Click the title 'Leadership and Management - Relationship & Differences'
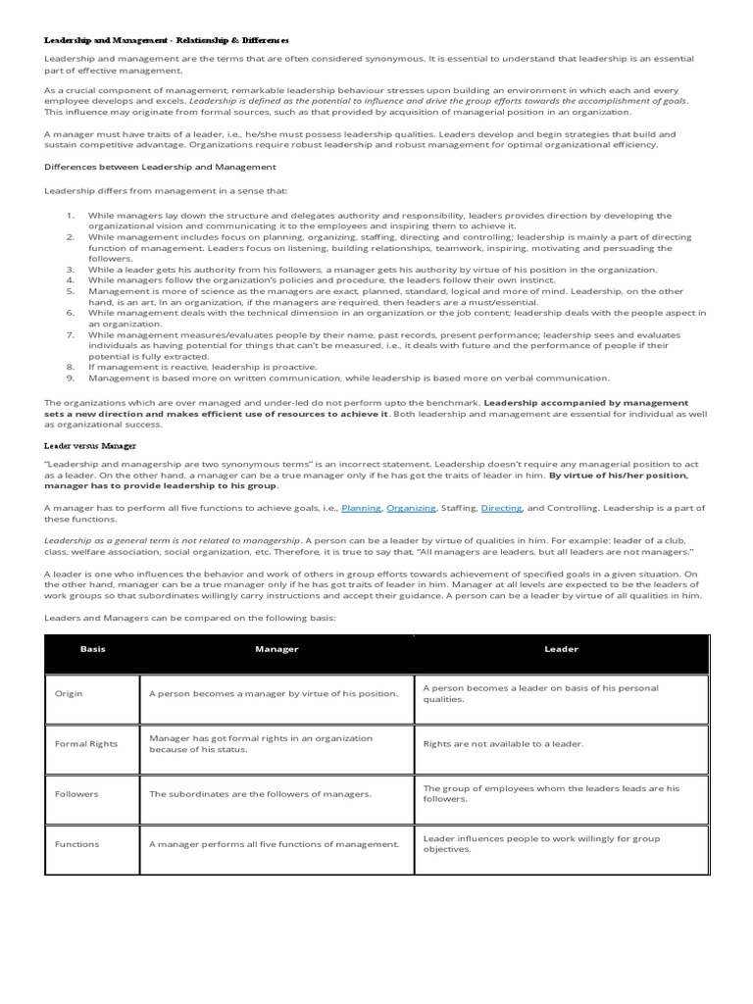[x=167, y=40]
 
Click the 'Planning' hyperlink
[x=361, y=508]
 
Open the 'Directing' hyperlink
[x=502, y=508]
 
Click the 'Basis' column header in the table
[x=92, y=649]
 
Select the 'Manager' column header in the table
[x=276, y=649]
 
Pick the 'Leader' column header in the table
[x=561, y=649]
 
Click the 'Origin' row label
[x=69, y=693]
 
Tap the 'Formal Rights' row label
[x=85, y=743]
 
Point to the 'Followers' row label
[x=75, y=793]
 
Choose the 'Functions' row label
[x=76, y=843]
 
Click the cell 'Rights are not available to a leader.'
[x=503, y=743]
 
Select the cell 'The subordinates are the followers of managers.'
[x=260, y=793]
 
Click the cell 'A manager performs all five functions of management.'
[x=275, y=843]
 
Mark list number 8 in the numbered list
[x=71, y=367]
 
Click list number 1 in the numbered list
[x=71, y=216]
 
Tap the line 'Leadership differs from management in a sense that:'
[x=166, y=191]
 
